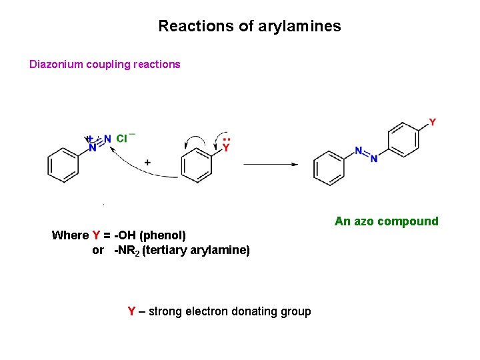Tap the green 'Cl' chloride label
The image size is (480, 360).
[122, 139]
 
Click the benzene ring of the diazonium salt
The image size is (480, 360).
[64, 165]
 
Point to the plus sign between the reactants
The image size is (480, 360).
[147, 162]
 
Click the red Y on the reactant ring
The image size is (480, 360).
[226, 148]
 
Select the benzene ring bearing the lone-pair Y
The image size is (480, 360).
[197, 165]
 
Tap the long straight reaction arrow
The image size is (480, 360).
[271, 164]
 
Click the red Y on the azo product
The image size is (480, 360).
[433, 122]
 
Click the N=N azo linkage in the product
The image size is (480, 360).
[366, 155]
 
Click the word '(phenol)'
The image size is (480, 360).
[163, 235]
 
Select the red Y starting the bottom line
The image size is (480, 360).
[131, 311]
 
